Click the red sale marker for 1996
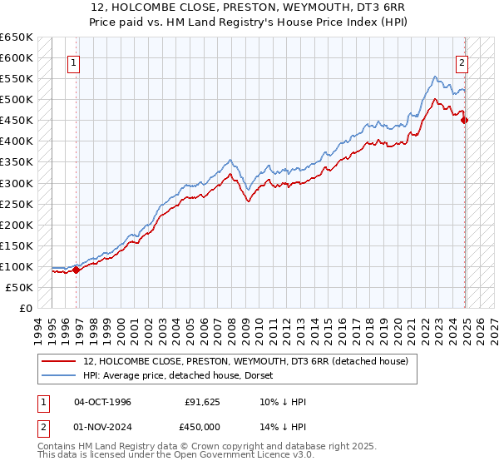77,270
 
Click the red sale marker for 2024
465,120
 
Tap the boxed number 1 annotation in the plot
75,62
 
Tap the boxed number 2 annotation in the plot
462,62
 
